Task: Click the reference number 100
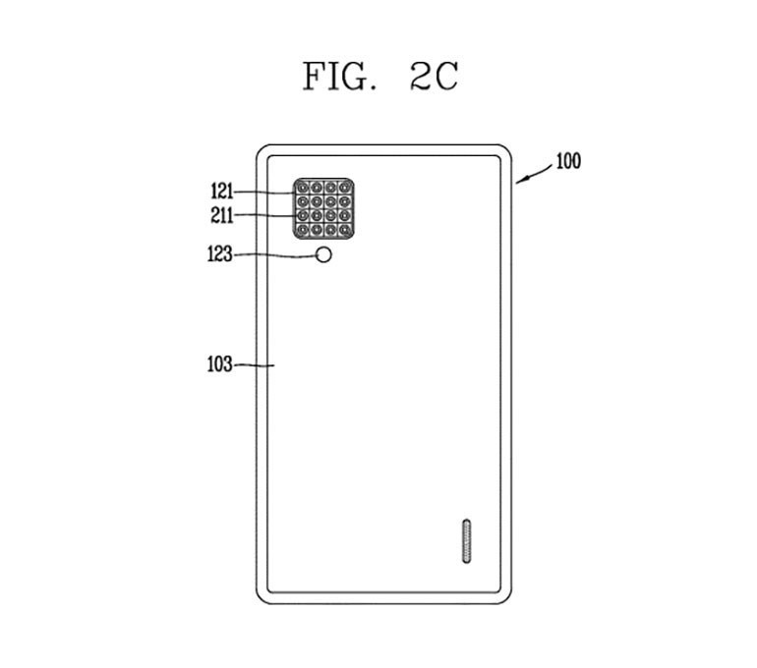point(568,161)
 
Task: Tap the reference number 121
point(222,192)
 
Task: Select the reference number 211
point(222,215)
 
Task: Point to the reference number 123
point(219,253)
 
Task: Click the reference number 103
point(219,364)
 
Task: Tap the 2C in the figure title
point(434,77)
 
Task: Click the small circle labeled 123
point(324,254)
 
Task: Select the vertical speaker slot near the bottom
point(466,540)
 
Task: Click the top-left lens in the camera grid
point(303,187)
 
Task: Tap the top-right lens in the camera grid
point(345,187)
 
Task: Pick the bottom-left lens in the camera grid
point(303,230)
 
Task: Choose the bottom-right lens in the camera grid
point(345,230)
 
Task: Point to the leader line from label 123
point(274,255)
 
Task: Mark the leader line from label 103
point(254,365)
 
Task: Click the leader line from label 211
point(265,214)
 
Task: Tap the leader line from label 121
point(265,193)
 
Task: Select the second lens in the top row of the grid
point(317,187)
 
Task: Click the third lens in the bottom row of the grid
point(330,230)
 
